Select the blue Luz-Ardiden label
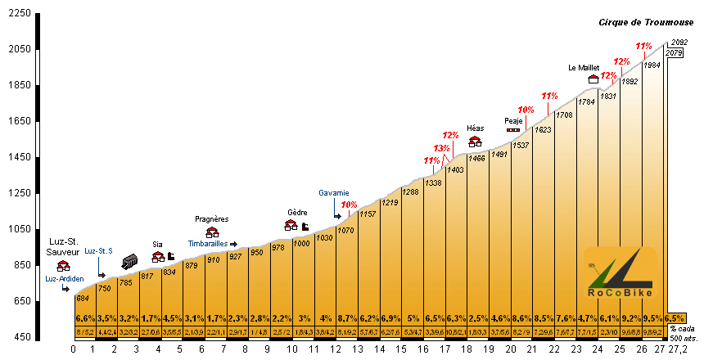pyautogui.click(x=65, y=278)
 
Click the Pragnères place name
pyautogui.click(x=211, y=218)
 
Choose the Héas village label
pyautogui.click(x=475, y=128)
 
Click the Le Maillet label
pyautogui.click(x=584, y=67)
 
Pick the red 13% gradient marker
pyautogui.click(x=441, y=148)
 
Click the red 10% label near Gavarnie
pyautogui.click(x=349, y=205)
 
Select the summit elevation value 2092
pyautogui.click(x=678, y=43)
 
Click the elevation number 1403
pyautogui.click(x=456, y=169)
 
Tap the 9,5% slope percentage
pyautogui.click(x=652, y=317)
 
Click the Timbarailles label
pyautogui.click(x=207, y=244)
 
